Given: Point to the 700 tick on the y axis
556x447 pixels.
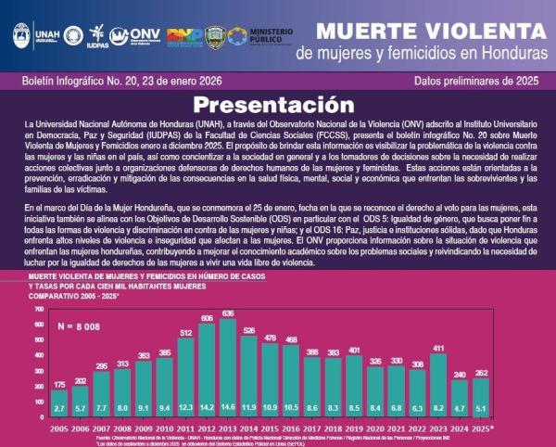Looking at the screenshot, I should [38, 308].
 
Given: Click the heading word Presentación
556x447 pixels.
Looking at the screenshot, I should [278, 105].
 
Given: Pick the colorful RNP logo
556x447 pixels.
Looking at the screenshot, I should [184, 36].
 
